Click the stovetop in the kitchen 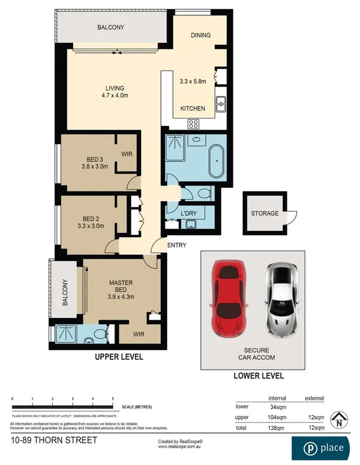[193, 124]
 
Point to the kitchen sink [221, 105]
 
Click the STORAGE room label [264, 213]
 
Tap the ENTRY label [177, 245]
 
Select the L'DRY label [189, 214]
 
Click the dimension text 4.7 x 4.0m [114, 96]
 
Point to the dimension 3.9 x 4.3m [121, 296]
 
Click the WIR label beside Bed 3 [127, 154]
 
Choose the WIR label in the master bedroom [138, 335]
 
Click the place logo [324, 448]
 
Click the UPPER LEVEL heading [119, 357]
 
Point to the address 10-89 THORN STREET [53, 441]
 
